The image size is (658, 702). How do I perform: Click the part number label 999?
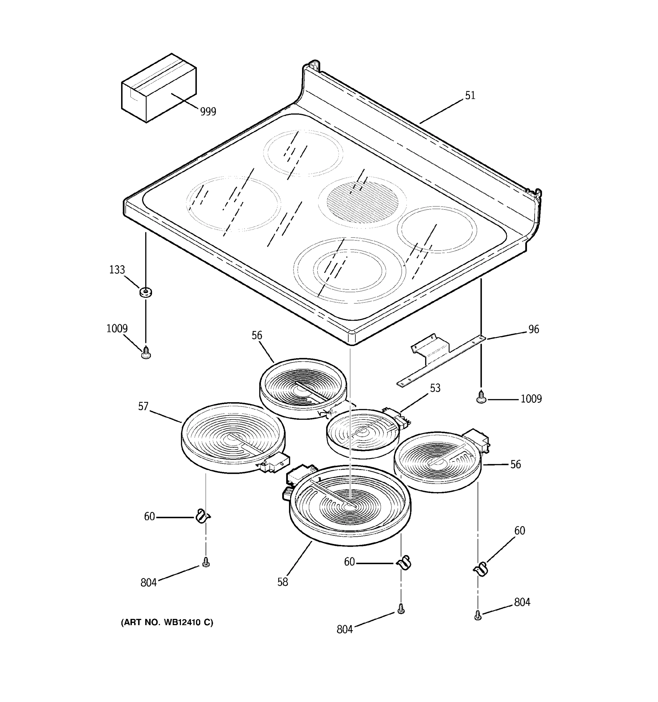coord(208,111)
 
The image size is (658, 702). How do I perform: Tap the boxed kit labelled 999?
coord(159,88)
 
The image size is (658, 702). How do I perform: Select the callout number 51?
coord(470,96)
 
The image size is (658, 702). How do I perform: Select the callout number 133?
coord(117,270)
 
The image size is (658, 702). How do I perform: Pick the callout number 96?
coord(533,329)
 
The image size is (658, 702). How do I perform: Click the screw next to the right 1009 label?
coord(481,397)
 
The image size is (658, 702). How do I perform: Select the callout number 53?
coord(435,388)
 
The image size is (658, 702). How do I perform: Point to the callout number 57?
coord(143,407)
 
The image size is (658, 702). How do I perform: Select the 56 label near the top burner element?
coord(257,335)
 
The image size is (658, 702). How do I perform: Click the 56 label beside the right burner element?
coord(515,464)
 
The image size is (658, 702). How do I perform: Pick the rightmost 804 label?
coord(522,602)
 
